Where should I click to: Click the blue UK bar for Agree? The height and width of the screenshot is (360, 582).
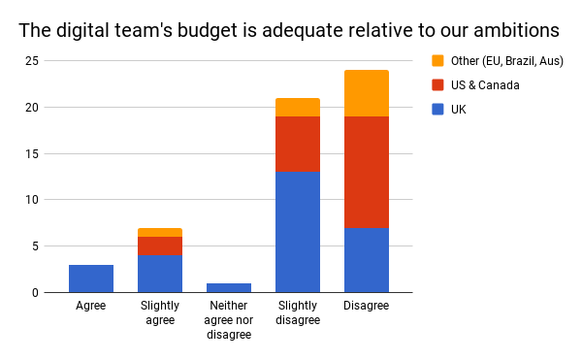click(x=91, y=278)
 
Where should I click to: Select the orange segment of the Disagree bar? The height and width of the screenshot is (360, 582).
click(x=367, y=93)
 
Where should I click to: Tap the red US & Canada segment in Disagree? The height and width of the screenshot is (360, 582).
click(x=367, y=172)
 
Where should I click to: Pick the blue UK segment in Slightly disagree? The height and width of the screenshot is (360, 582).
click(x=298, y=232)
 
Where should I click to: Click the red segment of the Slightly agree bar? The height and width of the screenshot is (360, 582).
click(x=160, y=245)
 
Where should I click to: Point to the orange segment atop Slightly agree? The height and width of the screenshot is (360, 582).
click(x=160, y=233)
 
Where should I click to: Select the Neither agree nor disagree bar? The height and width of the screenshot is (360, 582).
click(x=229, y=287)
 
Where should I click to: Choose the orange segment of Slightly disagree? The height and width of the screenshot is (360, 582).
click(x=298, y=107)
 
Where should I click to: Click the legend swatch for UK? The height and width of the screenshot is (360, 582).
click(x=438, y=110)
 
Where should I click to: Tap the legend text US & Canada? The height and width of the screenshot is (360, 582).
click(x=486, y=85)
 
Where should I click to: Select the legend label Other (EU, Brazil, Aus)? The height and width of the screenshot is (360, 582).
click(x=507, y=60)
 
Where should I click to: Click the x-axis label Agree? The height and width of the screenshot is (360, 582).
click(x=91, y=306)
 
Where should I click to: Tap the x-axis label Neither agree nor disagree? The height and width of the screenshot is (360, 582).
click(x=229, y=320)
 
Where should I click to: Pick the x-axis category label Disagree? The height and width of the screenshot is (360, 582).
click(x=367, y=306)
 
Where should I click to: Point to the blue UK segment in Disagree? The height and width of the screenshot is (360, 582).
click(x=367, y=260)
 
